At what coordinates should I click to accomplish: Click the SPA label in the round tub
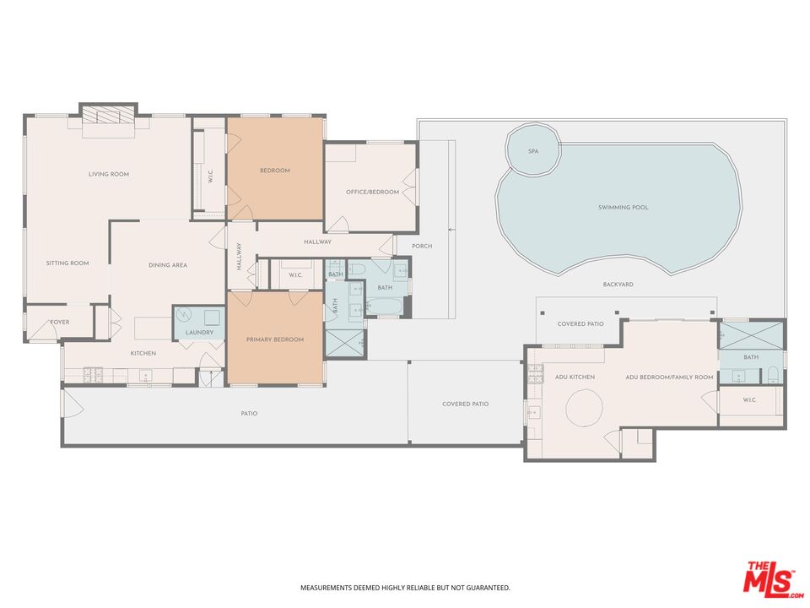pyautogui.click(x=532, y=151)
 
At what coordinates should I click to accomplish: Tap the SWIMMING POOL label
pyautogui.click(x=624, y=207)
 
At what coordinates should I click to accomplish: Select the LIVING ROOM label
pyautogui.click(x=109, y=174)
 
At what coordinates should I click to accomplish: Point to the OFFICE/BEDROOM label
pyautogui.click(x=372, y=192)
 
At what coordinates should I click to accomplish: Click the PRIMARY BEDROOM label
pyautogui.click(x=274, y=339)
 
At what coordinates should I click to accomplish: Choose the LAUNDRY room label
pyautogui.click(x=199, y=332)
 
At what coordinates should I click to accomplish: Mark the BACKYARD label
pyautogui.click(x=618, y=285)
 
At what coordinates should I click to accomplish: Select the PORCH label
pyautogui.click(x=421, y=247)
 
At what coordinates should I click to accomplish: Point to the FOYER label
pyautogui.click(x=60, y=322)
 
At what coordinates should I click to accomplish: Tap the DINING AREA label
pyautogui.click(x=168, y=265)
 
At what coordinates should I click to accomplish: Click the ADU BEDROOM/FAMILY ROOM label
pyautogui.click(x=669, y=377)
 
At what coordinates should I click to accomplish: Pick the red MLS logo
pyautogui.click(x=769, y=578)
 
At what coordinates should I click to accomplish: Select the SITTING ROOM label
pyautogui.click(x=67, y=263)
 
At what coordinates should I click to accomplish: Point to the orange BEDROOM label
pyautogui.click(x=274, y=171)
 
